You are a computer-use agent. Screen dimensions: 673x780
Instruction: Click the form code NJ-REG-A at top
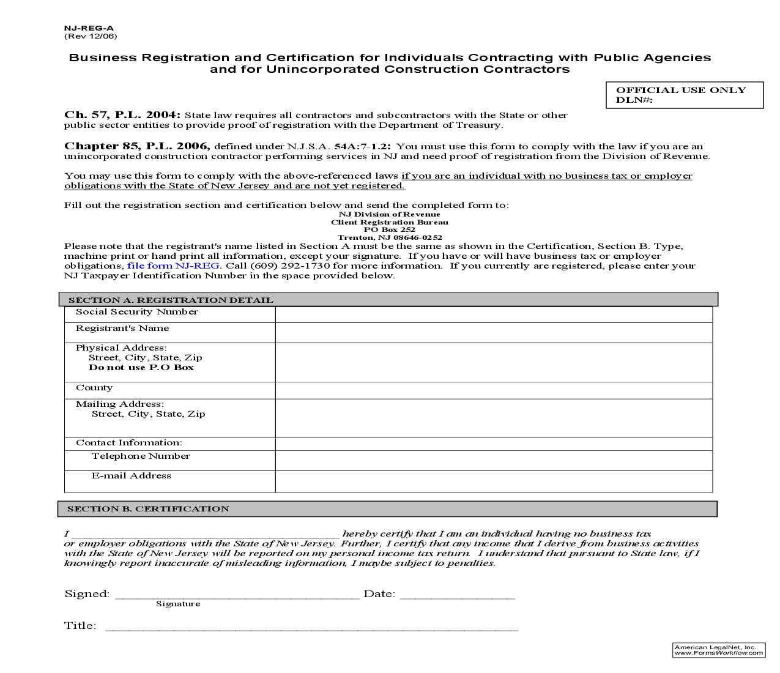tap(89, 28)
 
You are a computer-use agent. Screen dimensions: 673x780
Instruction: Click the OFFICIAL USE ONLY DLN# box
tap(684, 95)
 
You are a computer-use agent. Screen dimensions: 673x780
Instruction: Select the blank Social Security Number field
tap(493, 314)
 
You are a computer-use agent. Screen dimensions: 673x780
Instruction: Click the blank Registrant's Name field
tap(493, 332)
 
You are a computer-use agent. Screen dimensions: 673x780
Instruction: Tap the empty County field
tap(493, 390)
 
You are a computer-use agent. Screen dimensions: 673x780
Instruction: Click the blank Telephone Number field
tap(493, 460)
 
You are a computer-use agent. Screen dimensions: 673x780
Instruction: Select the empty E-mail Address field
tap(493, 481)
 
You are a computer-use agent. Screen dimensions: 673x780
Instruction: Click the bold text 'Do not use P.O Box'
tap(141, 367)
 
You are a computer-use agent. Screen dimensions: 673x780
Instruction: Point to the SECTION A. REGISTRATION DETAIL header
tap(171, 300)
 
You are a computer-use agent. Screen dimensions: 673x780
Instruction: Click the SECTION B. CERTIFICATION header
tap(148, 508)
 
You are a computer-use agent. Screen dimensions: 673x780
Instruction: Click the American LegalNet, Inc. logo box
tap(718, 650)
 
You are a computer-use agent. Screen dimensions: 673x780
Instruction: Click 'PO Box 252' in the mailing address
tap(389, 229)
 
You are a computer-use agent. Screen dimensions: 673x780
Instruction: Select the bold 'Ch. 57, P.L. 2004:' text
tap(122, 115)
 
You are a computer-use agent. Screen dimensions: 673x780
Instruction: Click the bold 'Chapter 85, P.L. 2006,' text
tap(137, 146)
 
